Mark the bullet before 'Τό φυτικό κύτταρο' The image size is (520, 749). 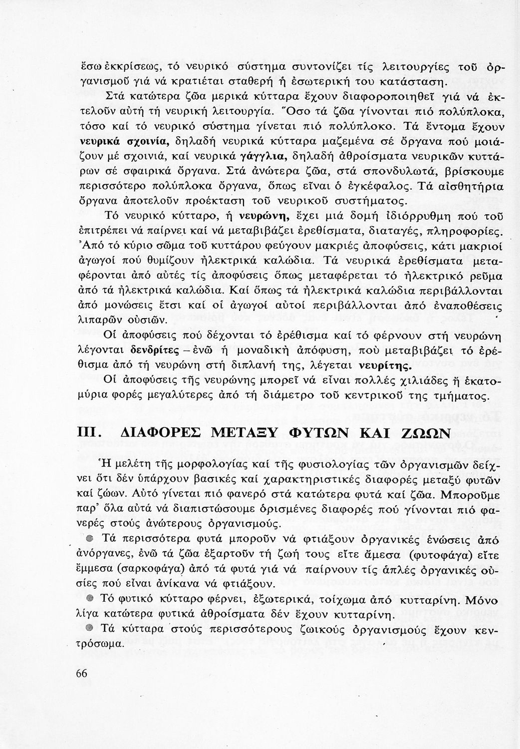[x=89, y=598]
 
